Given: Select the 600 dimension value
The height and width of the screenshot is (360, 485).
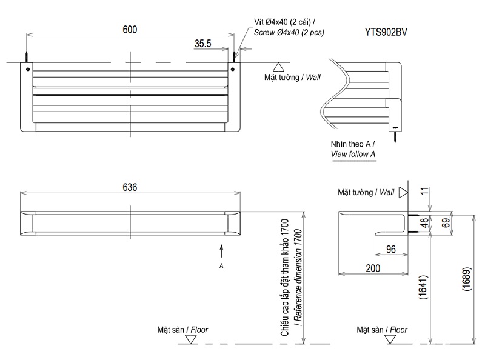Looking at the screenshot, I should coord(130,29).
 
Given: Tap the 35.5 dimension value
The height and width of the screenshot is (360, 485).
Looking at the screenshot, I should coord(203,44).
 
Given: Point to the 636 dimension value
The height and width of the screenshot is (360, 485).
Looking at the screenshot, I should coord(130,188).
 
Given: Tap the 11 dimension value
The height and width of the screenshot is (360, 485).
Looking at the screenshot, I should coord(424,192).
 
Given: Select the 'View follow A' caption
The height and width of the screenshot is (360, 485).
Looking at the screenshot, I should coord(353,155).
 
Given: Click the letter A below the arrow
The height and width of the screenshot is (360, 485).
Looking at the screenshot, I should coord(222,266).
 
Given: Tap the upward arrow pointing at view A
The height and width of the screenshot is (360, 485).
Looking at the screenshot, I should coord(222,250).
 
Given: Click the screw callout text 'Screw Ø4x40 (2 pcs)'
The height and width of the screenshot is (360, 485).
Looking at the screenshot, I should coord(289,32).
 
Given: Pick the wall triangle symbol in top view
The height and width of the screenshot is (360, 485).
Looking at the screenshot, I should coord(278,67).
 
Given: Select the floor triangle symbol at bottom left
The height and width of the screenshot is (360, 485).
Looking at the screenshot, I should coord(190,340).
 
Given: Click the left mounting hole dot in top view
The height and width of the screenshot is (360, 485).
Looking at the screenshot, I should coord(27,69).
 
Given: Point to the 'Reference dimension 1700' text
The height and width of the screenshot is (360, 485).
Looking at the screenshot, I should coord(296,276).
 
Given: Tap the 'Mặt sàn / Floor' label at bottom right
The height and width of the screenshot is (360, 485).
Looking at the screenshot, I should coord(382,330).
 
